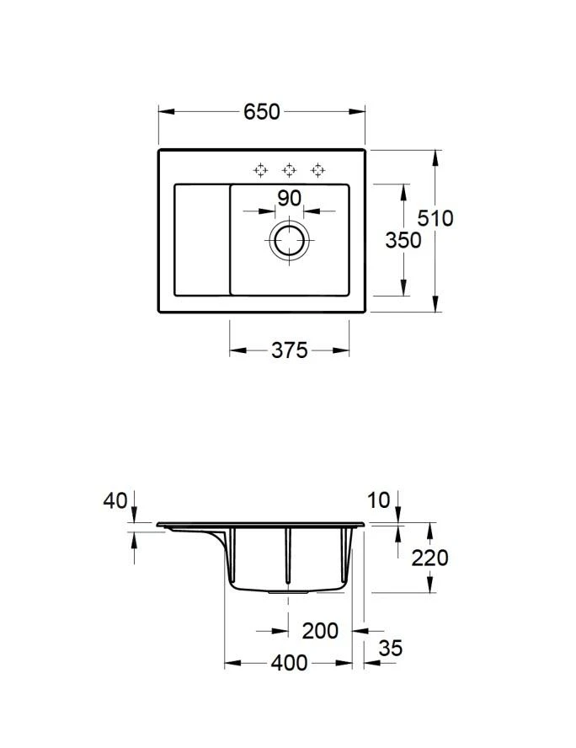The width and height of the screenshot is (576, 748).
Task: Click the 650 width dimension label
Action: click(x=261, y=112)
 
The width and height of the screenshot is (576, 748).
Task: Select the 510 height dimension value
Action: click(x=435, y=218)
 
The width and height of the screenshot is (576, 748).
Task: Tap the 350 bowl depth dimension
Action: click(x=403, y=240)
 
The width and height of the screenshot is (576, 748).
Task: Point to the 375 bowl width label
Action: click(x=289, y=350)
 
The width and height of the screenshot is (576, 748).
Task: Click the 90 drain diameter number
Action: click(x=289, y=199)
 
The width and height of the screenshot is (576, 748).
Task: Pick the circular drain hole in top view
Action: click(x=290, y=240)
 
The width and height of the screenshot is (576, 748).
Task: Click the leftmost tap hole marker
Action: click(x=261, y=170)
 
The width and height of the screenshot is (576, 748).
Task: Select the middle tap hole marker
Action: click(x=289, y=170)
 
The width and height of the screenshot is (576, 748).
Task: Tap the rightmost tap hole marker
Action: click(x=317, y=170)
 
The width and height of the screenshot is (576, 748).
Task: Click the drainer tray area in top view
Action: click(x=201, y=239)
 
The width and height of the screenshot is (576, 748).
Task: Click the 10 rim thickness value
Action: click(x=379, y=500)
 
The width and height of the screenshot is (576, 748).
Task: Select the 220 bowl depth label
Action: click(x=429, y=557)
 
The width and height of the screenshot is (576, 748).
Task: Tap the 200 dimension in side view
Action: click(x=320, y=630)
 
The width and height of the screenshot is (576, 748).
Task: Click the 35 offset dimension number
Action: click(x=390, y=648)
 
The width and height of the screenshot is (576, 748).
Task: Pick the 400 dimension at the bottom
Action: click(x=289, y=664)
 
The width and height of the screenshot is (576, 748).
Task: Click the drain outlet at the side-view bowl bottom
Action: click(x=288, y=591)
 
